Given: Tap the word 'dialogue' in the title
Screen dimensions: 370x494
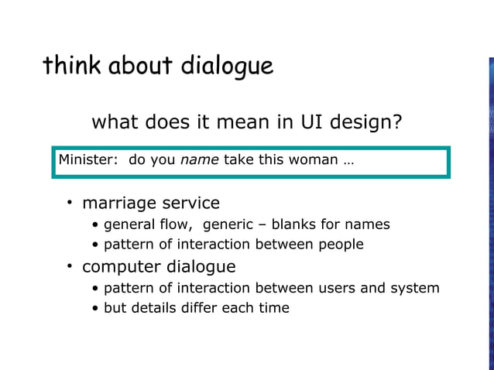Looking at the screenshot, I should coord(227,67).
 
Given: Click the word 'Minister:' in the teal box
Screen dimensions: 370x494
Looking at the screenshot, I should coord(88,160).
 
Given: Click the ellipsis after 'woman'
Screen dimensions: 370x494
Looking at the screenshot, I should coord(348,161).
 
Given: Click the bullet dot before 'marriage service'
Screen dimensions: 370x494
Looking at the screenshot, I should coord(69,203).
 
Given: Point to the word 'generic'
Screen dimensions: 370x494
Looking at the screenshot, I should coord(228,225).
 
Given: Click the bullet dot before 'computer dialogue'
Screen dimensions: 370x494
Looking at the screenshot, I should coord(69,266).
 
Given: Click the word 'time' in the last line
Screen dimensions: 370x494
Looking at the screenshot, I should coord(273,307).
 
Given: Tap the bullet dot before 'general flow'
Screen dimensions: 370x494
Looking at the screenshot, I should coord(95,225).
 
